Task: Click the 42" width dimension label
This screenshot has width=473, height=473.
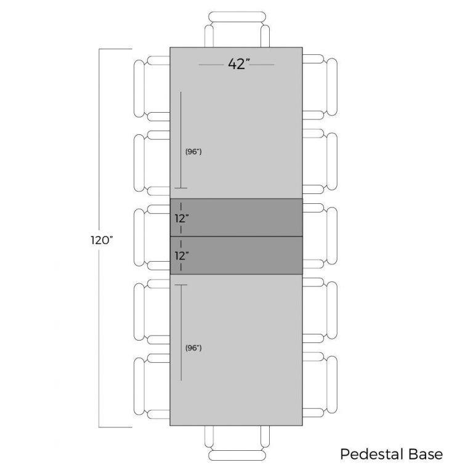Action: [x=239, y=64]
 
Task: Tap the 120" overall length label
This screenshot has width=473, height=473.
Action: [x=102, y=240]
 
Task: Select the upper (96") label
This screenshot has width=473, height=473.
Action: [x=193, y=152]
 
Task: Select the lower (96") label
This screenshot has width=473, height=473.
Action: [x=193, y=348]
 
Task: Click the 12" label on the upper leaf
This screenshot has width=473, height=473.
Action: [x=182, y=218]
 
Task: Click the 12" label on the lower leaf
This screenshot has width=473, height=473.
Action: [x=182, y=256]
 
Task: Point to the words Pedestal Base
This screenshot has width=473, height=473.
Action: [x=392, y=454]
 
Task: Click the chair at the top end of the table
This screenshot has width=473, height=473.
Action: [x=237, y=30]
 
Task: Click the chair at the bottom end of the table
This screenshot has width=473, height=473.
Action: [x=237, y=443]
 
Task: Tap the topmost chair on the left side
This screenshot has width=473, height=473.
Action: [x=152, y=89]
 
